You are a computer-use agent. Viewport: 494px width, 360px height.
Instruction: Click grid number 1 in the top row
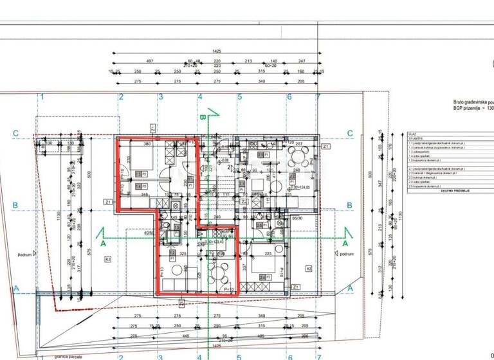[42, 98]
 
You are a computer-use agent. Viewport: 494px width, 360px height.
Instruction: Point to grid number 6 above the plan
[289, 98]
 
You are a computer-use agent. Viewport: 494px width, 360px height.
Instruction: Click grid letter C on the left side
[15, 134]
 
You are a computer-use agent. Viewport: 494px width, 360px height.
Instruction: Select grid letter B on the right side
[350, 206]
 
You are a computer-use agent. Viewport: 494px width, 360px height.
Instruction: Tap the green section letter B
[202, 117]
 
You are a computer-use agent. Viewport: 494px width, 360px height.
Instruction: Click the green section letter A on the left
[103, 244]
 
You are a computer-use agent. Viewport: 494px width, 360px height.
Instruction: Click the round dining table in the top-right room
[295, 156]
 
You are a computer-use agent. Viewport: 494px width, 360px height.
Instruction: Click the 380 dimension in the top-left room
[147, 144]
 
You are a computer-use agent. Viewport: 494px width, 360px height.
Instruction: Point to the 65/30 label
[298, 219]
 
